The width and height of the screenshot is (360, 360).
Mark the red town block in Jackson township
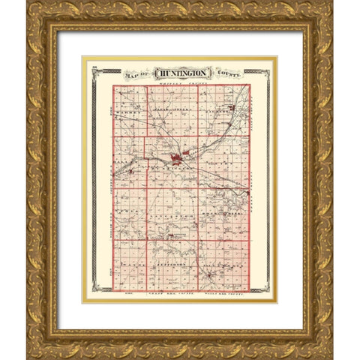(x=232, y=107)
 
